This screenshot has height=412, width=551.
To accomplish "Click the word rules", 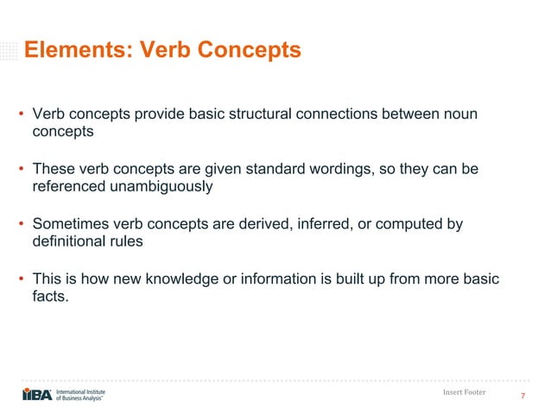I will [126, 241].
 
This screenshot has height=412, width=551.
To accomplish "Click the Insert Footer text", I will [463, 392].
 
